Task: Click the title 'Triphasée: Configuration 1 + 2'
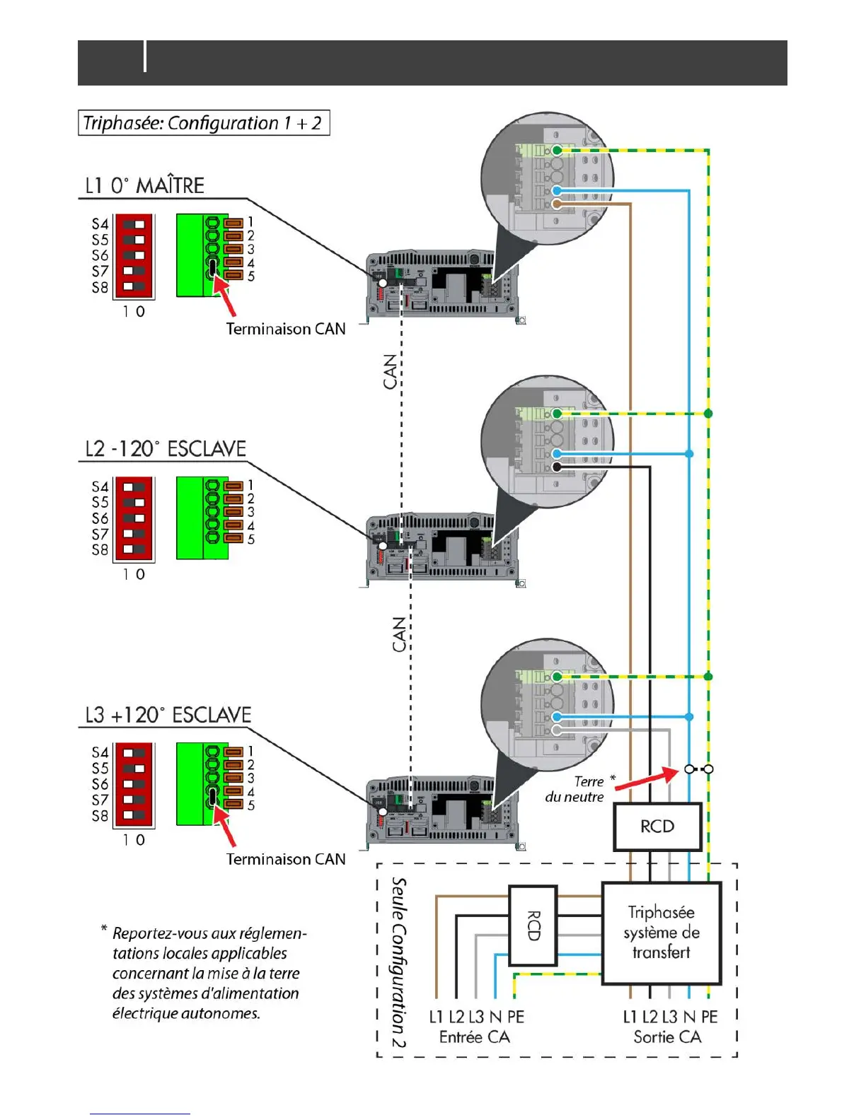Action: pyautogui.click(x=203, y=123)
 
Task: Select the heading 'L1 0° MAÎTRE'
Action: pyautogui.click(x=144, y=186)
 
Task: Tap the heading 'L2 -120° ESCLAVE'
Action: pyautogui.click(x=166, y=449)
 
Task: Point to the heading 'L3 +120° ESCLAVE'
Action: pyautogui.click(x=168, y=715)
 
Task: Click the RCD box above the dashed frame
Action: pyautogui.click(x=657, y=827)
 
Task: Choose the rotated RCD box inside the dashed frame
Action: pyautogui.click(x=533, y=926)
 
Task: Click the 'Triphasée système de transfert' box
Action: pyautogui.click(x=661, y=933)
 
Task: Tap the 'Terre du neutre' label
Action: pyautogui.click(x=575, y=789)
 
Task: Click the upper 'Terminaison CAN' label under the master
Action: pyautogui.click(x=286, y=329)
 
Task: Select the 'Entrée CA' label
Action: pyautogui.click(x=474, y=1037)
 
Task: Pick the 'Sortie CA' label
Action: pyautogui.click(x=667, y=1037)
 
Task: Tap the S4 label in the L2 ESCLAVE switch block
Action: pyautogui.click(x=100, y=486)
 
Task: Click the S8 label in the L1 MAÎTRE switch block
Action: pyautogui.click(x=100, y=288)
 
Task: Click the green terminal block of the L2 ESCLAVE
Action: pyautogui.click(x=202, y=518)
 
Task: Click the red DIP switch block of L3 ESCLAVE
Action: pyautogui.click(x=134, y=784)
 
